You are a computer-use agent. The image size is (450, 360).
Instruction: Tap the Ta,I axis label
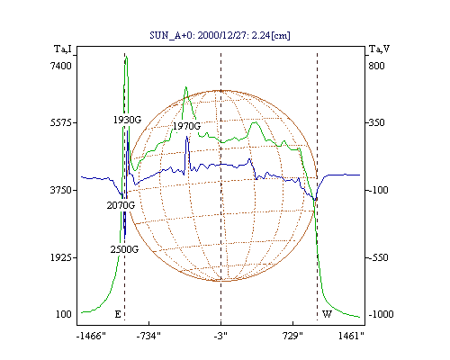(63, 49)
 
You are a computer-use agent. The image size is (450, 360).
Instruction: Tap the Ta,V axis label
(379, 49)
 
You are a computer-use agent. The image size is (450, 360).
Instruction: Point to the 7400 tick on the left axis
(61, 66)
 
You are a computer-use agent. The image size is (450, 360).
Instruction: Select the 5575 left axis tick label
(61, 122)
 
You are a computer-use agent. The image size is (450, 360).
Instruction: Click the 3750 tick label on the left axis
(61, 190)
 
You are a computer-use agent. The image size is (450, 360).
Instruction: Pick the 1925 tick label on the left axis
(61, 257)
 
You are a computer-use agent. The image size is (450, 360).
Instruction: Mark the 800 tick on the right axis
(376, 66)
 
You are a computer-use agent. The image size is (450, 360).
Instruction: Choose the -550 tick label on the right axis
(378, 257)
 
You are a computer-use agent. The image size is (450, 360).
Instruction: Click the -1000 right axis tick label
(381, 314)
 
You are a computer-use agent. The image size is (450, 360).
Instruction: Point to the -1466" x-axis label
(91, 336)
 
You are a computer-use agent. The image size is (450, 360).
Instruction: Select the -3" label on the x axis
(220, 336)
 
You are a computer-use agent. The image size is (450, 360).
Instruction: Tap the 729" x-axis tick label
(292, 336)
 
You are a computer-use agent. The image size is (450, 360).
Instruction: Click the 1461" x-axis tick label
(351, 336)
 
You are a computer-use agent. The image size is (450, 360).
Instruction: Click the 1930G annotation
(127, 120)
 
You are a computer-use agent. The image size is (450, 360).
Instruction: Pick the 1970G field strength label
(186, 126)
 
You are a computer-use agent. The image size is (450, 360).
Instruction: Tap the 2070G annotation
(121, 205)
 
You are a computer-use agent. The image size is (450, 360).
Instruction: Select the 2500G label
(124, 249)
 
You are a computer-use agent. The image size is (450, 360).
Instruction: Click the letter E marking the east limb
(118, 314)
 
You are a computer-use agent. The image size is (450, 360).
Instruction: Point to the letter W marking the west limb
(327, 314)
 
